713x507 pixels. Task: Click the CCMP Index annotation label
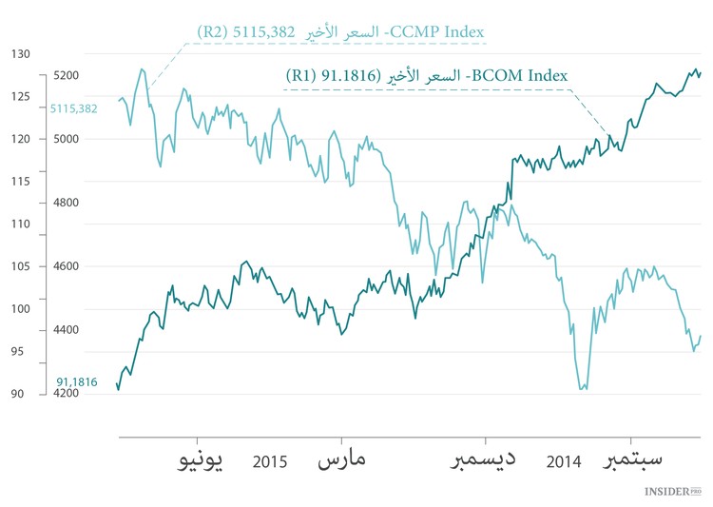(x=340, y=32)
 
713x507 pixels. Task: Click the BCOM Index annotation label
(x=427, y=74)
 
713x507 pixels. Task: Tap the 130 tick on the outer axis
(x=20, y=54)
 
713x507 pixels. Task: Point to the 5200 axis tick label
(x=66, y=75)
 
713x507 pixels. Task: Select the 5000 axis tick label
(x=66, y=139)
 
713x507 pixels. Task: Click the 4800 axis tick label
(x=66, y=203)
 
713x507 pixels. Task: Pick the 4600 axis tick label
(x=66, y=266)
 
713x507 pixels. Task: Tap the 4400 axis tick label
(x=66, y=330)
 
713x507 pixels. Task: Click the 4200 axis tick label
(x=66, y=393)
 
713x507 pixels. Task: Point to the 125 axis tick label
(x=20, y=96)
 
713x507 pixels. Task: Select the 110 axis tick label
(x=20, y=224)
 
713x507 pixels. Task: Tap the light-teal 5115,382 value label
(x=73, y=108)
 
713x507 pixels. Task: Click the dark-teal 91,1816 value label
(x=77, y=381)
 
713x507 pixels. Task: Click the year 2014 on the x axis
(x=564, y=463)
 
